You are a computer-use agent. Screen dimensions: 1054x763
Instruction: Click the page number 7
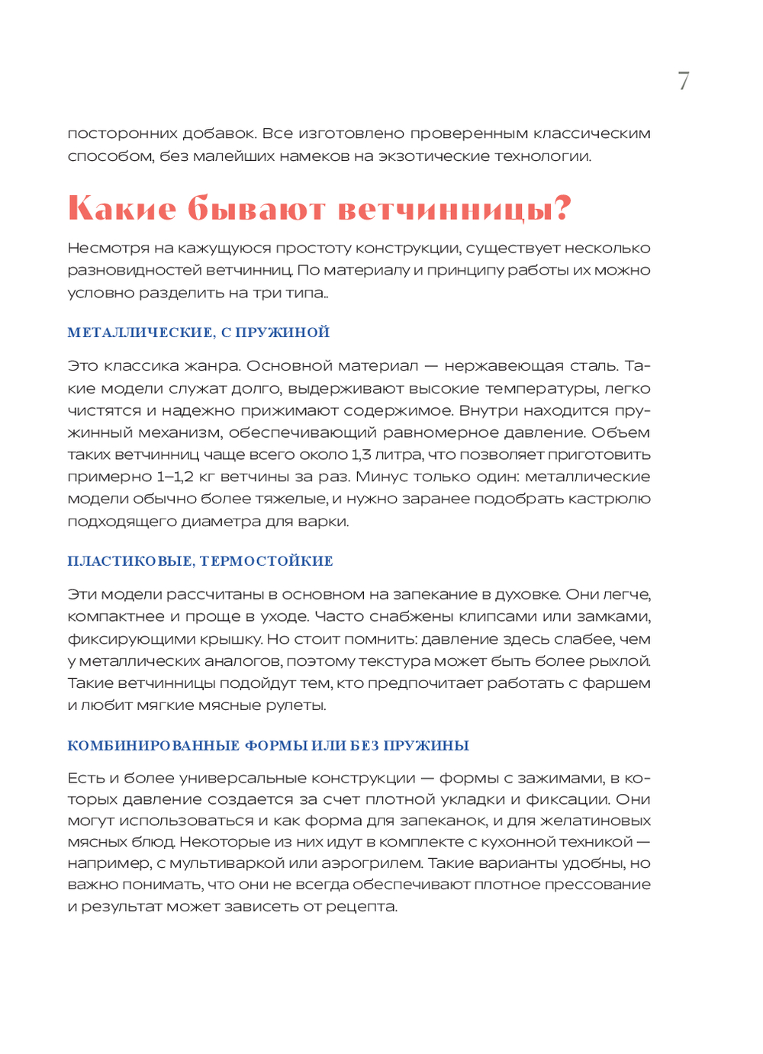pos(684,81)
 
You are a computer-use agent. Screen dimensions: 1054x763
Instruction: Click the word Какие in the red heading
pos(122,208)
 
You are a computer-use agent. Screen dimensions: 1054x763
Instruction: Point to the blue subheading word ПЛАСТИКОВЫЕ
pos(130,561)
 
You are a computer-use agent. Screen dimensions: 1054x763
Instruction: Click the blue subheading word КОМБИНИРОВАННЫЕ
pos(153,746)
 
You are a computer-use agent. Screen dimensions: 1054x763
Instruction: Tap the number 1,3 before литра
pos(361,455)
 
